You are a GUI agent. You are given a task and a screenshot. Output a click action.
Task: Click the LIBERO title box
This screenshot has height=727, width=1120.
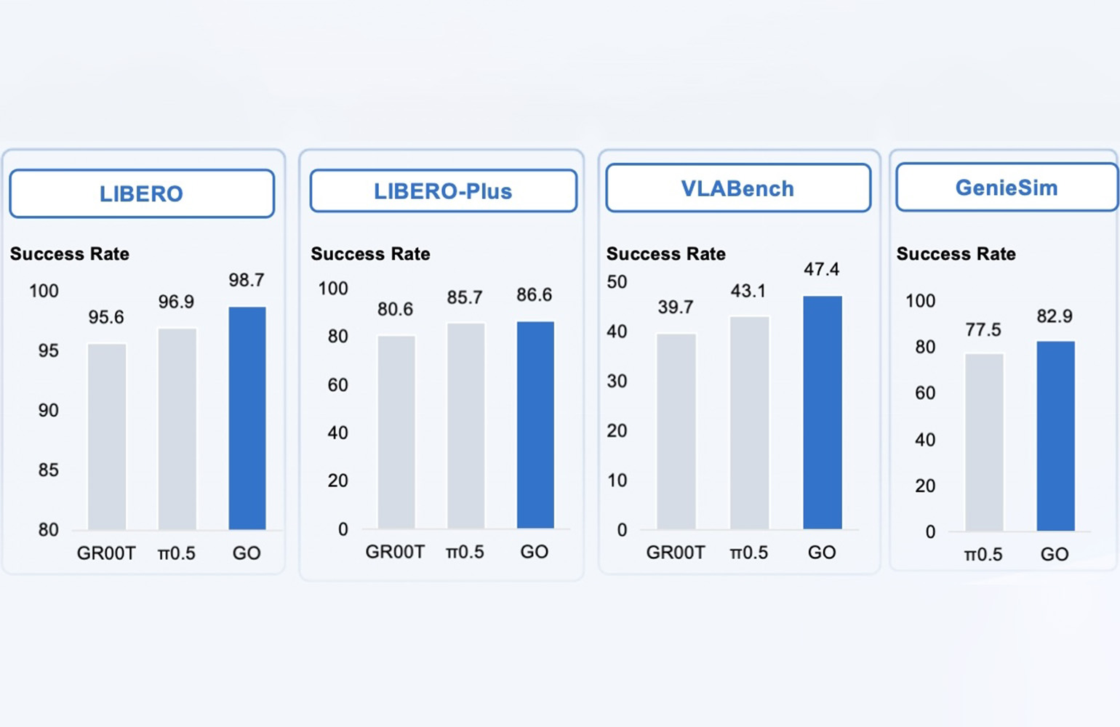142,194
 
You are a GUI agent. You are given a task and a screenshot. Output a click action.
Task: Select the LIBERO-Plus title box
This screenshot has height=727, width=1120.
443,191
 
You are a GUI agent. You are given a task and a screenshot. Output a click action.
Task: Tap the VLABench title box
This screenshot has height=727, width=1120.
737,188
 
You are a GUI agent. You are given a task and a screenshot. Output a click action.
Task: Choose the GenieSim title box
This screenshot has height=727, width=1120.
1007,188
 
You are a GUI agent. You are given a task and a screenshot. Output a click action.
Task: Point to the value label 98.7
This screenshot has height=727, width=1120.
247,280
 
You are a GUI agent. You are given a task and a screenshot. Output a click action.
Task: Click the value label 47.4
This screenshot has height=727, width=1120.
821,269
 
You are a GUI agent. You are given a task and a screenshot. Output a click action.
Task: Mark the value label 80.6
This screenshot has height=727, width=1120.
395,309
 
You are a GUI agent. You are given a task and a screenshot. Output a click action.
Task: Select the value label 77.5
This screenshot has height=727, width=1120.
983,329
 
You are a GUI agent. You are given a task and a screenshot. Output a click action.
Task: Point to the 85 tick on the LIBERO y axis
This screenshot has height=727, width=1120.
48,470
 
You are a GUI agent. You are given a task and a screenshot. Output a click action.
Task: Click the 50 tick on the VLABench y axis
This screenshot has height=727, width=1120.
617,281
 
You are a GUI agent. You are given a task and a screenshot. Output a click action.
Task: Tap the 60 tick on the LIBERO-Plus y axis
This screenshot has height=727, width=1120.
337,385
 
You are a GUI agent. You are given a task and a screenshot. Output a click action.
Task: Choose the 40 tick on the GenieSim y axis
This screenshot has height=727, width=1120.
925,439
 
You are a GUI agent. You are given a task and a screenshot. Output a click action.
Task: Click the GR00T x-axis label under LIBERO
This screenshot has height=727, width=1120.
106,553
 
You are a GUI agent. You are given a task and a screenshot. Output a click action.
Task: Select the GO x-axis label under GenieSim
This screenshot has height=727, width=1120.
1055,554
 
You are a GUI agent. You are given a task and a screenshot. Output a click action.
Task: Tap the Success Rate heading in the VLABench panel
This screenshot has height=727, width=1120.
665,254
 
